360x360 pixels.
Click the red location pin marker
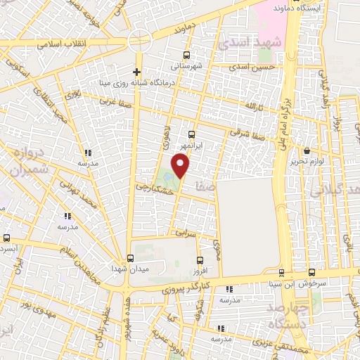181,165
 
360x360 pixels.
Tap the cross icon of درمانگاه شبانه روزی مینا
137,72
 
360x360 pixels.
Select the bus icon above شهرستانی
186,55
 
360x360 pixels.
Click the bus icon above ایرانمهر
192,134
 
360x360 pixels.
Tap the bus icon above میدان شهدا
130,257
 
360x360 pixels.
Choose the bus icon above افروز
200,259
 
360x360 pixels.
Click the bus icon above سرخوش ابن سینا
282,274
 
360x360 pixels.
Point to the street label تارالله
252,105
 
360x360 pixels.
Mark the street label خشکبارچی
153,188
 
